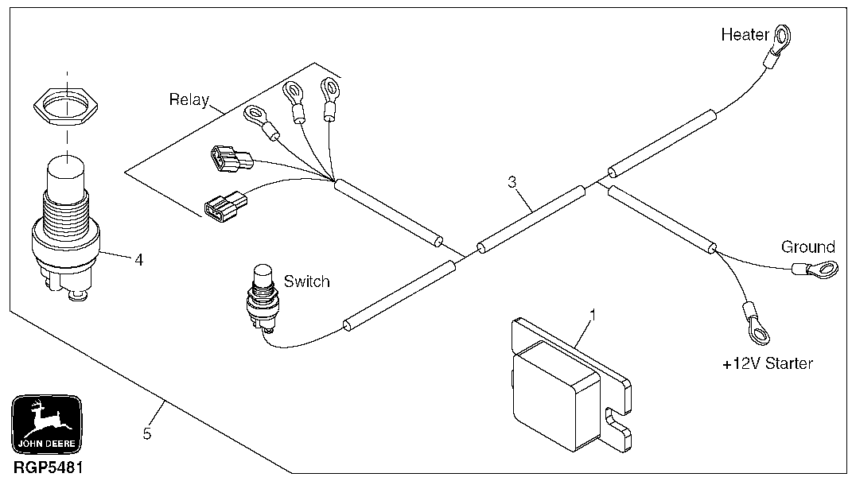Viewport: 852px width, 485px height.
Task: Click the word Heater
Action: (745, 35)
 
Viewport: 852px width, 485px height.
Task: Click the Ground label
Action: (807, 246)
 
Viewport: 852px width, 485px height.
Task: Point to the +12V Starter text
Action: (767, 364)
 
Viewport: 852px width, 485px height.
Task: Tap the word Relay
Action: (189, 100)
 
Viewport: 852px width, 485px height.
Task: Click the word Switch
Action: (306, 281)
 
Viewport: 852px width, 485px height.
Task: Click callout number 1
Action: (592, 313)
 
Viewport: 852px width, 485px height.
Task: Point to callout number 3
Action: (512, 182)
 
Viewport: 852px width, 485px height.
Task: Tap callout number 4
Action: (138, 259)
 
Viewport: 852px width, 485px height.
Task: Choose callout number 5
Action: (146, 434)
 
